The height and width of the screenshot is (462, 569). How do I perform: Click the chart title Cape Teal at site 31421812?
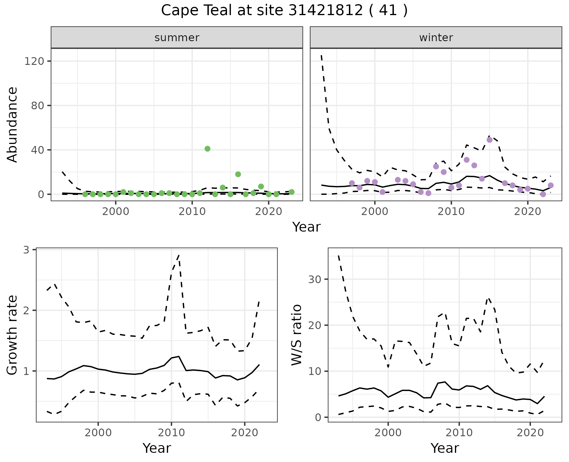click(x=284, y=11)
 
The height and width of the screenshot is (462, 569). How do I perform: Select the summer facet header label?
click(x=177, y=38)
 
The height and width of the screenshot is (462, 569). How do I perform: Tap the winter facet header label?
click(x=436, y=38)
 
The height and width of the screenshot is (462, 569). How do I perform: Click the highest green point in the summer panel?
click(x=207, y=149)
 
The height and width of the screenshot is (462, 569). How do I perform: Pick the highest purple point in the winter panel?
click(x=490, y=140)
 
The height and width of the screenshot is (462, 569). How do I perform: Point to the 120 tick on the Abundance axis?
click(x=38, y=61)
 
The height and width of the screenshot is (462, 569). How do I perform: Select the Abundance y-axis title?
click(x=12, y=125)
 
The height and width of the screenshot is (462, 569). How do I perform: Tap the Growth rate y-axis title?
click(x=12, y=335)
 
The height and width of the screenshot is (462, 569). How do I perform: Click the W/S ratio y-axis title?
click(x=297, y=335)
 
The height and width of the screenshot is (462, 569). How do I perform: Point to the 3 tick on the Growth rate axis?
click(x=26, y=250)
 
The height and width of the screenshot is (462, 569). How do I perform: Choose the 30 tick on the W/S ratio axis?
click(x=315, y=279)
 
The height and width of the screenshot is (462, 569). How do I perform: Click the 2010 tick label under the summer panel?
click(x=192, y=212)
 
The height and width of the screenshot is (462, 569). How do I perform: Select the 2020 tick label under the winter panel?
click(x=528, y=212)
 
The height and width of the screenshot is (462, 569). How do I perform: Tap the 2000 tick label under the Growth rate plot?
click(x=98, y=433)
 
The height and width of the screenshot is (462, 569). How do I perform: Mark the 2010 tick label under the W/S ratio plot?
click(x=459, y=433)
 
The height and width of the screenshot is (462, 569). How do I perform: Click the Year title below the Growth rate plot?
click(x=157, y=448)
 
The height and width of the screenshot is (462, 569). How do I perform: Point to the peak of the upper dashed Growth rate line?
click(x=179, y=255)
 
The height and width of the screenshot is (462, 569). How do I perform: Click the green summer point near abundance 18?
click(x=238, y=174)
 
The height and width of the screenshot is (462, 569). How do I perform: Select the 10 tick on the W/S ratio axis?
click(x=315, y=371)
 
